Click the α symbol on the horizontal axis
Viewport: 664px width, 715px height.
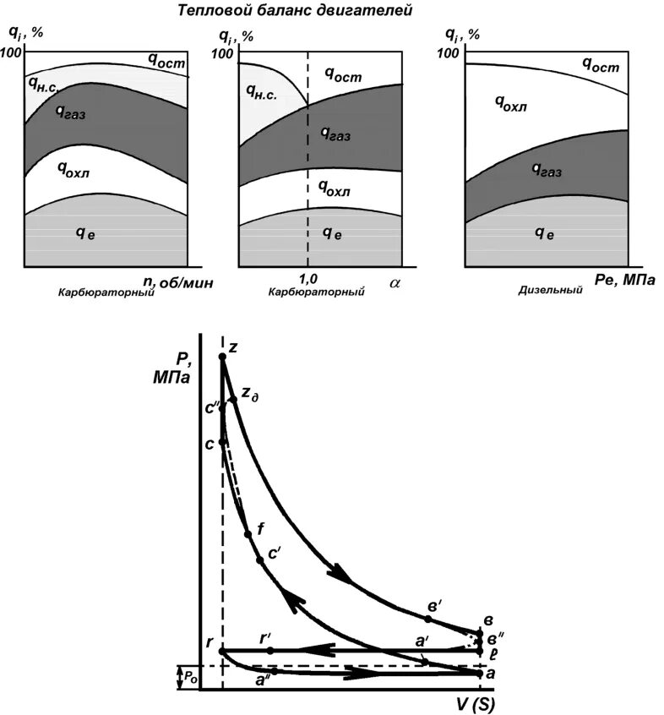395,283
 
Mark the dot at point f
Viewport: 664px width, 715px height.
248,534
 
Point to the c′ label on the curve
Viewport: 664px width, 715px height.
275,554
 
